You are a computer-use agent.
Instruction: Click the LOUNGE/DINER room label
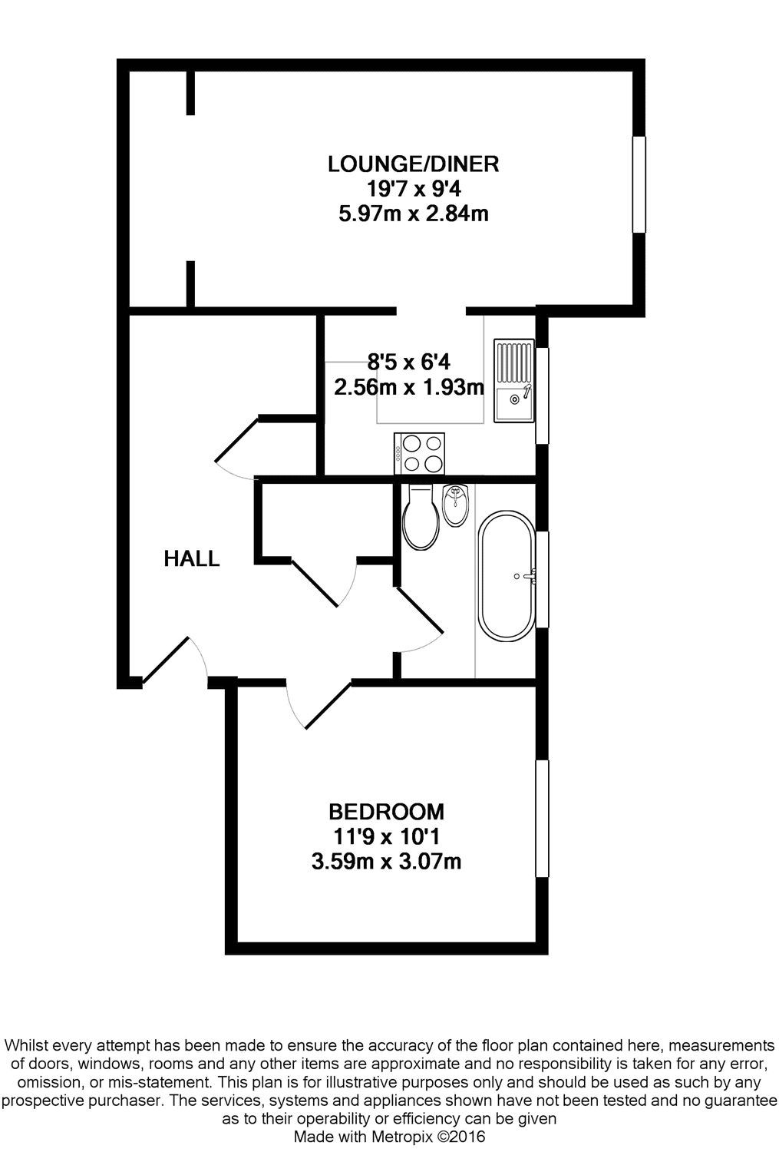(x=413, y=164)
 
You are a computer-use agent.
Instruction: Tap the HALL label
(x=192, y=558)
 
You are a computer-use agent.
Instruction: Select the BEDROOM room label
(x=386, y=811)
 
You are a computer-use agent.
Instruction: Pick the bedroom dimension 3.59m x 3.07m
(x=386, y=862)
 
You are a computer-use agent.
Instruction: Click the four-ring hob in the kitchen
(x=419, y=453)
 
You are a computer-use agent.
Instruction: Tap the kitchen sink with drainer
(x=513, y=380)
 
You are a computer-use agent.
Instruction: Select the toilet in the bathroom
(x=420, y=517)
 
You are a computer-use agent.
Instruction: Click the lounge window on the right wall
(x=639, y=184)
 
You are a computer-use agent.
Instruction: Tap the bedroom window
(x=542, y=818)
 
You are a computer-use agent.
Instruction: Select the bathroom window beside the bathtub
(x=542, y=580)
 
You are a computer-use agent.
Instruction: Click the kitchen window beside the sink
(x=542, y=396)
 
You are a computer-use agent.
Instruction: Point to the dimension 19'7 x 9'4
(x=413, y=188)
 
